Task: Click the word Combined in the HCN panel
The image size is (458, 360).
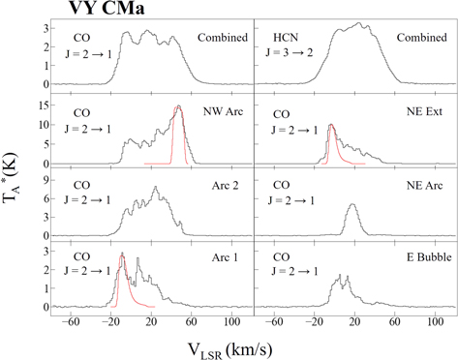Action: coord(415,39)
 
